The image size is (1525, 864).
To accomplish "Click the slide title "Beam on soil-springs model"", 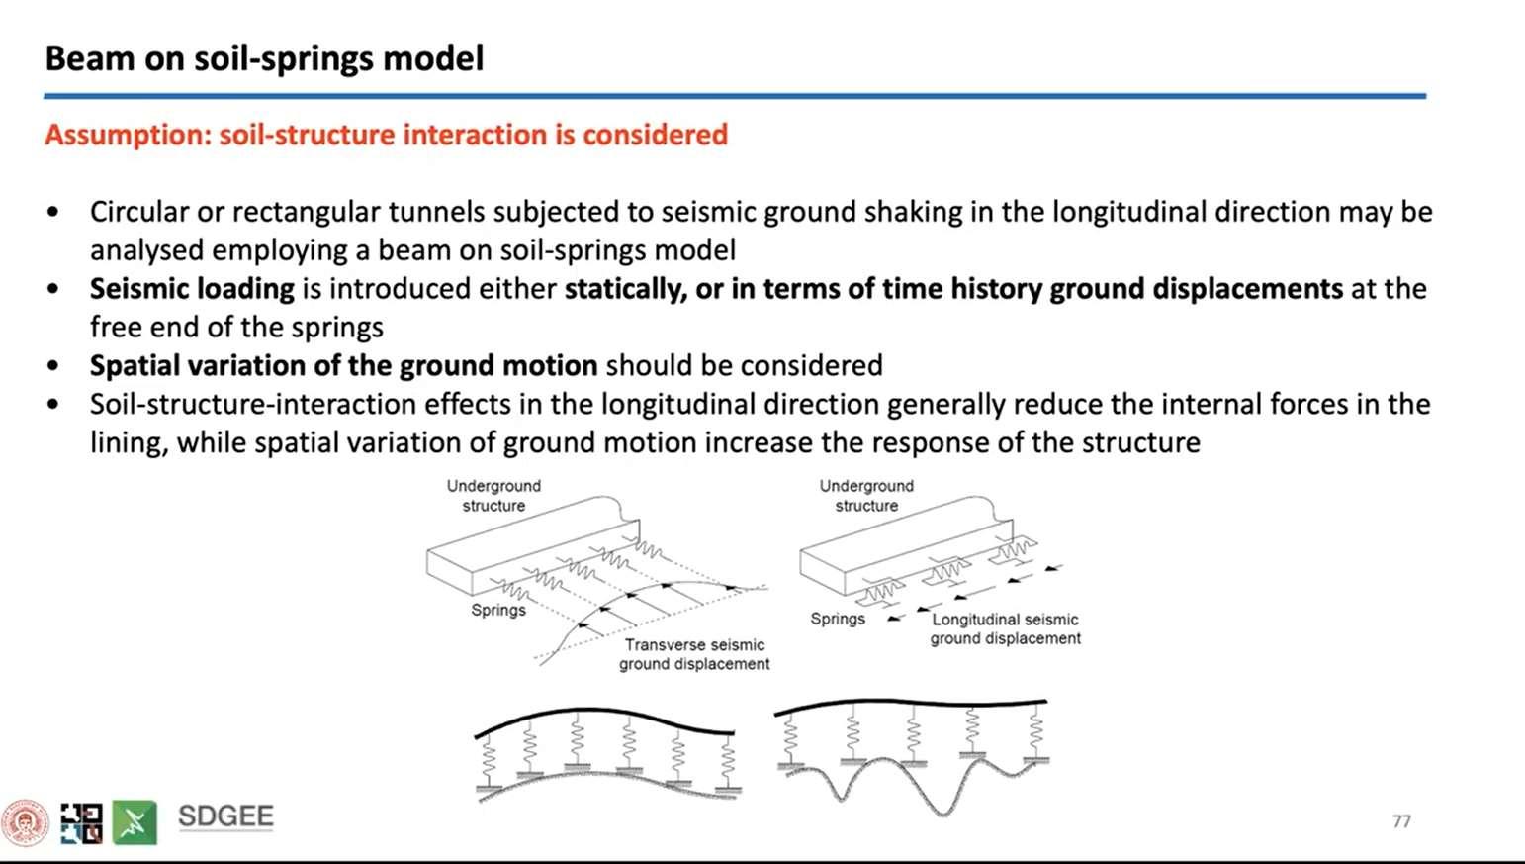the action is [264, 58].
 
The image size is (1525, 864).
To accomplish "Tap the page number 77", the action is [1401, 821].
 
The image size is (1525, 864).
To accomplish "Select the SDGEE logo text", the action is [225, 816].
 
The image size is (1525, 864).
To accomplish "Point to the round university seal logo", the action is [25, 822].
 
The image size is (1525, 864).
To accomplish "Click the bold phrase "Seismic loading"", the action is [192, 289].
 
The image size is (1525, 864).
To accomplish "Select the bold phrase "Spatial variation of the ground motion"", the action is [343, 366].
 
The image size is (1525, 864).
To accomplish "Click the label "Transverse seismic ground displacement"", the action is [694, 654].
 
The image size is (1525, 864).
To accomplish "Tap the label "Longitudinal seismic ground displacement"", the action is [1005, 628].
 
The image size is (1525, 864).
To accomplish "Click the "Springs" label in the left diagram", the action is [498, 610].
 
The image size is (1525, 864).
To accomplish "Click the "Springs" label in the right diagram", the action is [838, 619].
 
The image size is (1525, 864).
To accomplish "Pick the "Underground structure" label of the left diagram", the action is [493, 496].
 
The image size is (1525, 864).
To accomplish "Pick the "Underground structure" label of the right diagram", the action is [866, 496].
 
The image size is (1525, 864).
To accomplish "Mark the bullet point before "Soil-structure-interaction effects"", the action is [53, 405].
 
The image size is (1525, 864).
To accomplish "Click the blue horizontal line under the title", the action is [734, 96].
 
